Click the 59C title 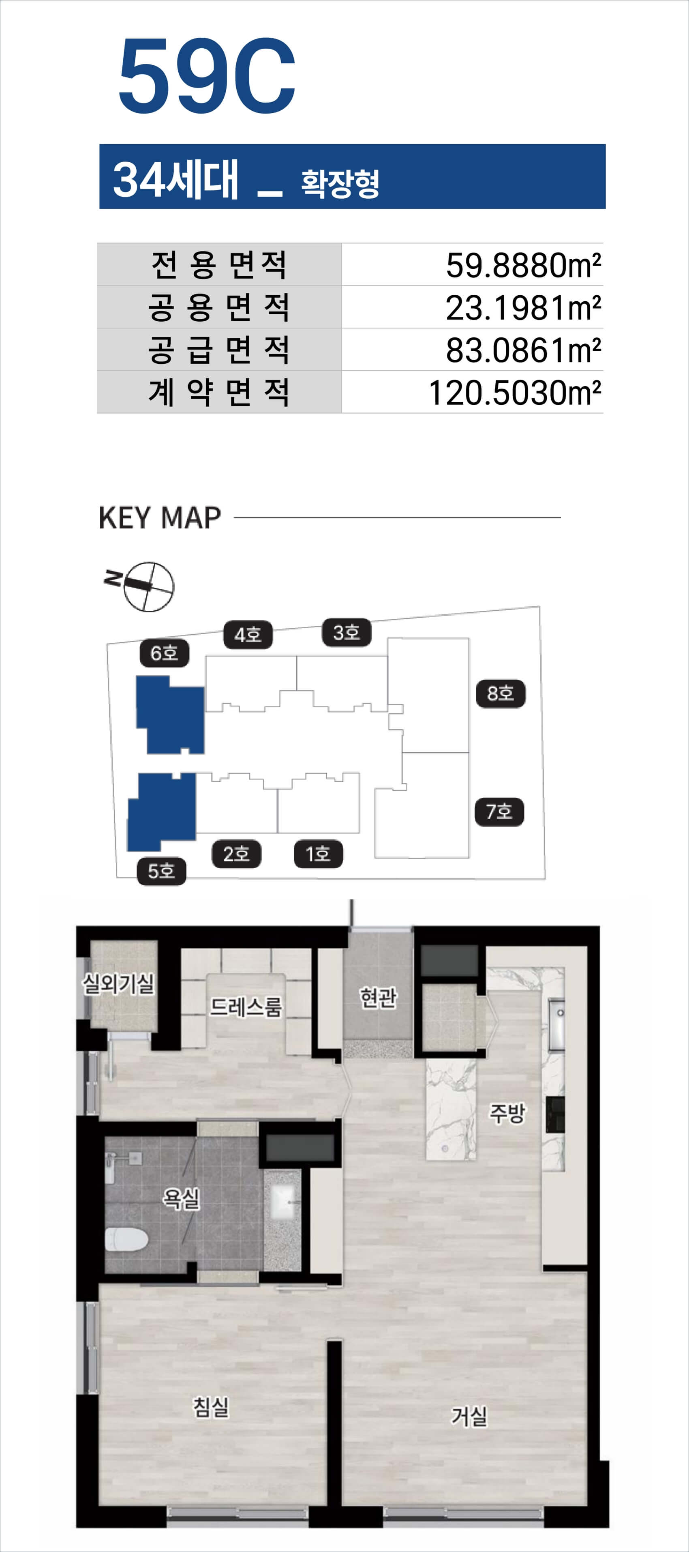point(207,75)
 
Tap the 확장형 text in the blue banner point(340,182)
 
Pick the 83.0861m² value point(523,350)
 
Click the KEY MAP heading point(160,517)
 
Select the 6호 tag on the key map point(165,653)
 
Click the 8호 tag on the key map point(501,693)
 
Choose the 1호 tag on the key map point(318,854)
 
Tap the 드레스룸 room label point(246,1006)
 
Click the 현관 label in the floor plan point(378,998)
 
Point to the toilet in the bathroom point(126,1241)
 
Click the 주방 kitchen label point(507,1113)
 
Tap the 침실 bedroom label point(211,1407)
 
